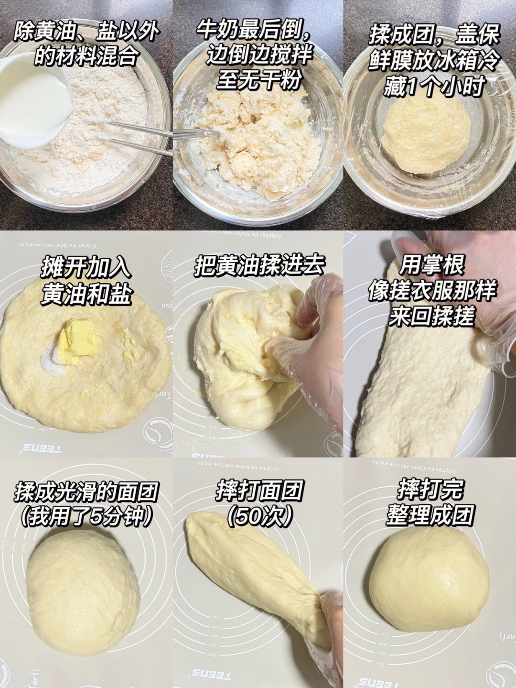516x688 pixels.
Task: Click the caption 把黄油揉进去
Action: [258, 266]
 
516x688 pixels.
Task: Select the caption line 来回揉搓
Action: [430, 317]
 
